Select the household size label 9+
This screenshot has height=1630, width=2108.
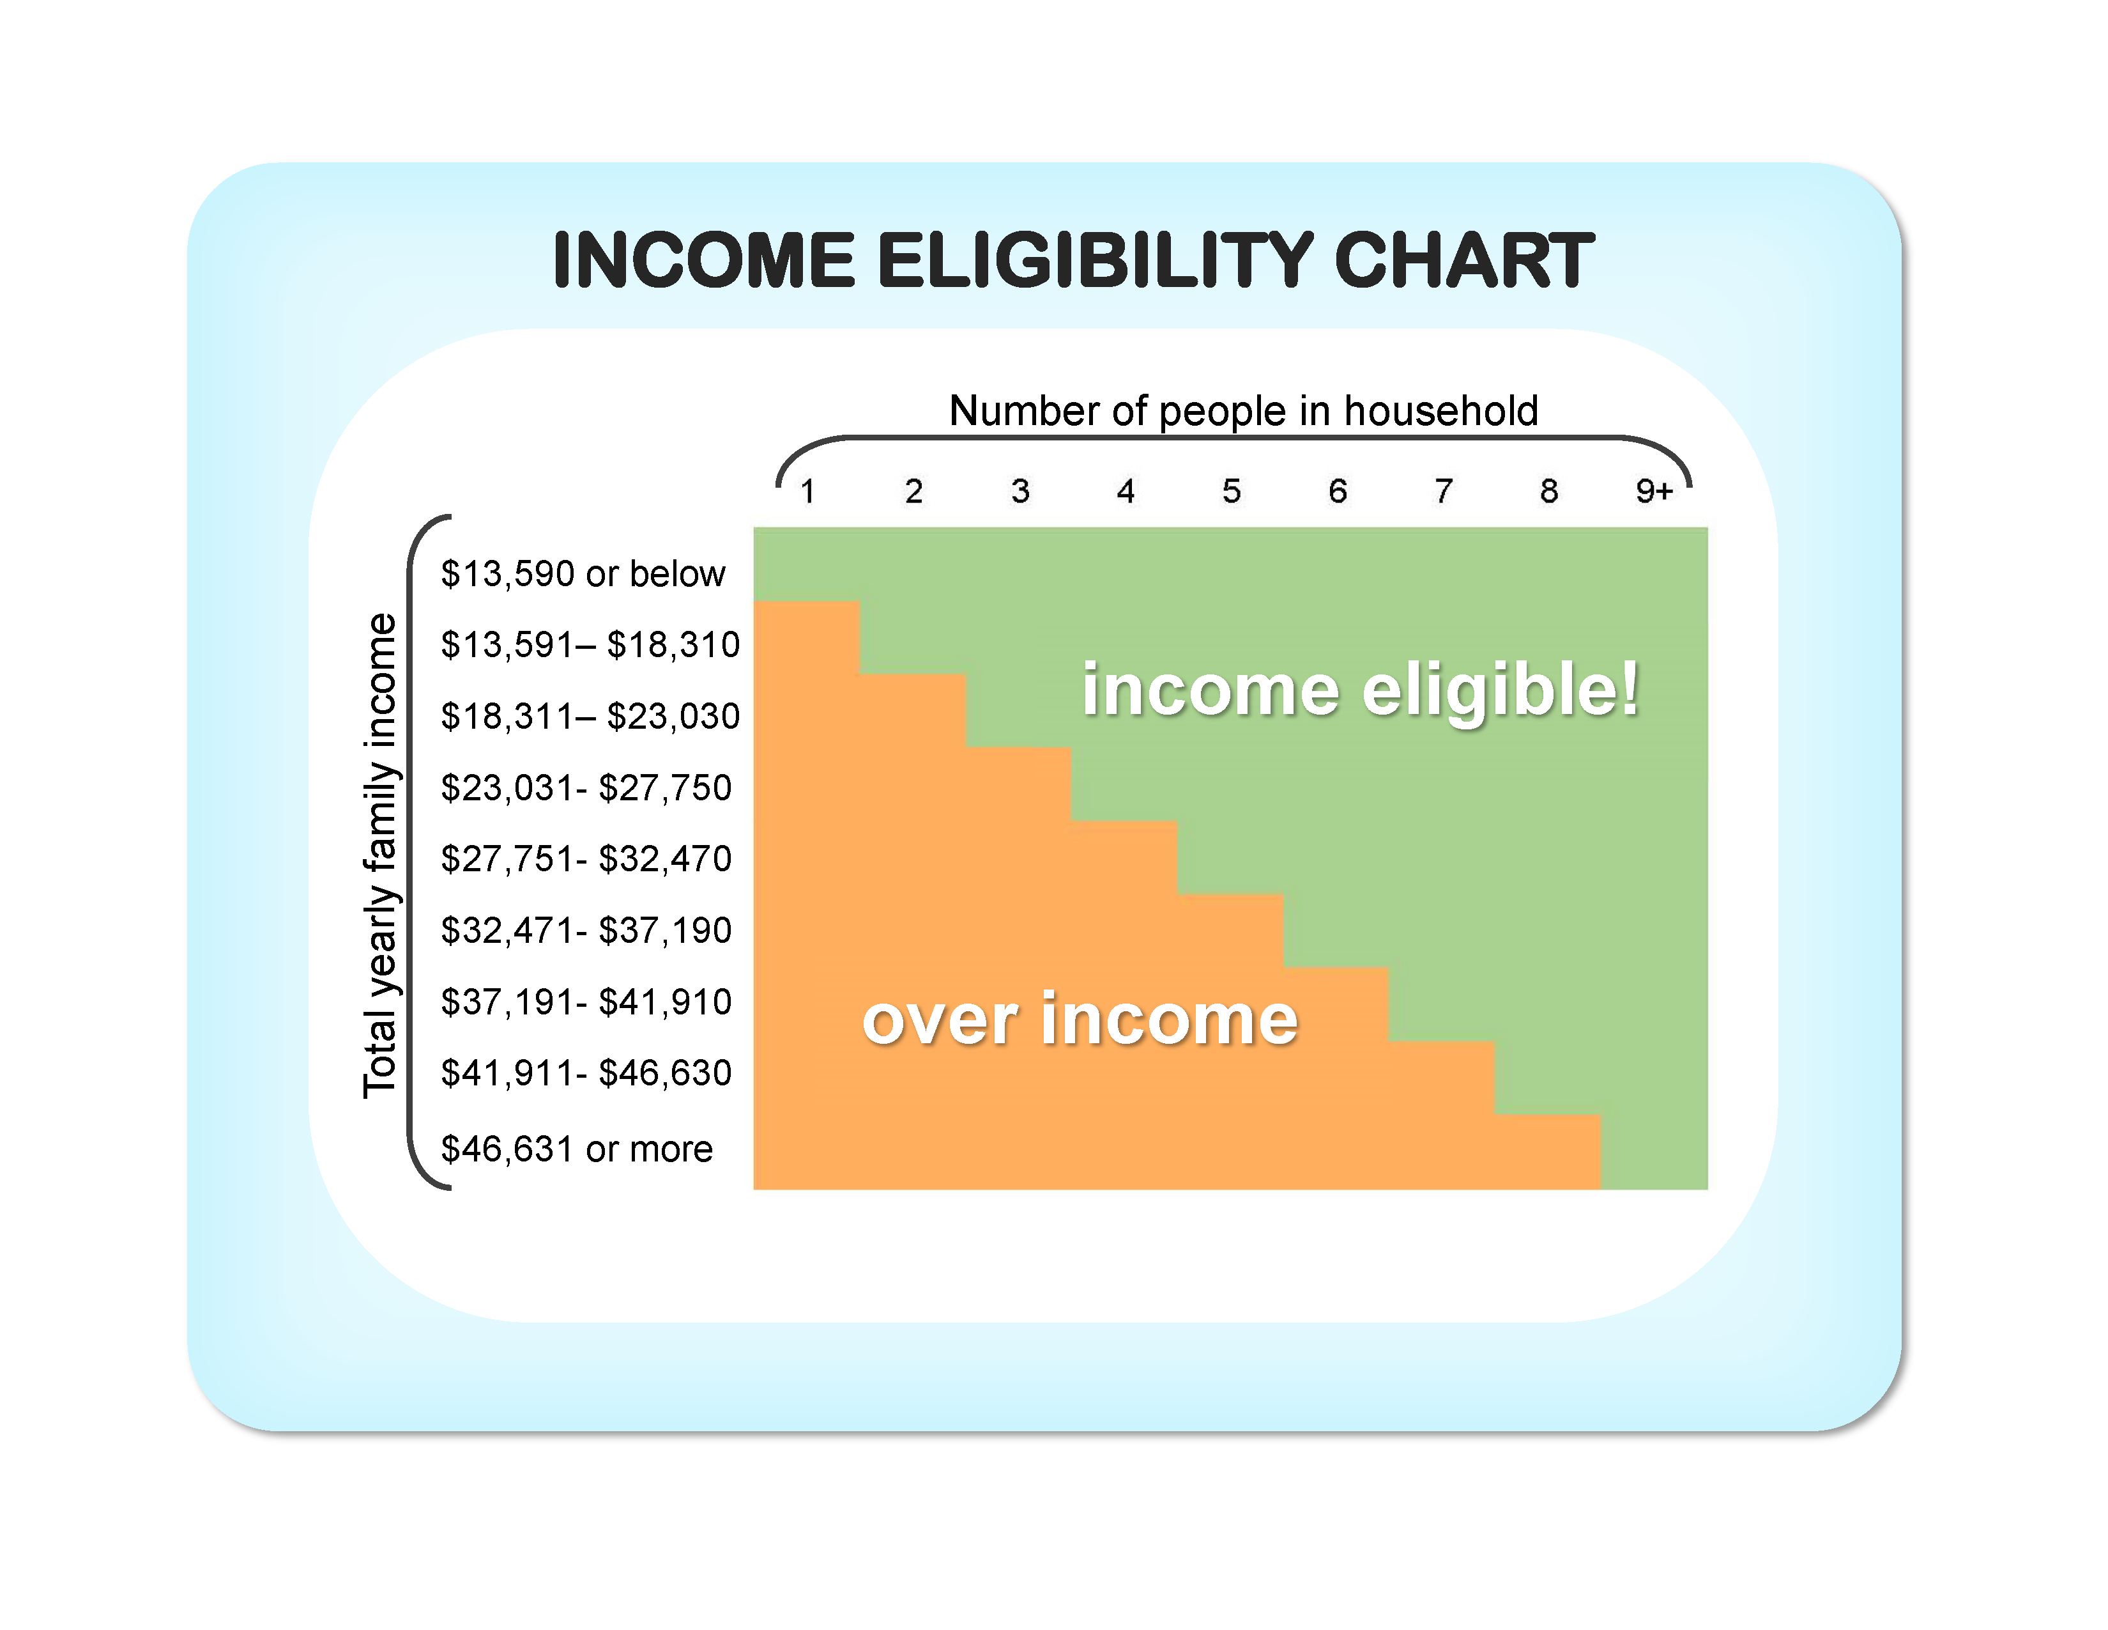coord(1653,492)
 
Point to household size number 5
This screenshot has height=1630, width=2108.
coord(1232,492)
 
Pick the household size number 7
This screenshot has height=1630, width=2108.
coord(1443,492)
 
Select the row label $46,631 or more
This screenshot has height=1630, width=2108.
coord(576,1149)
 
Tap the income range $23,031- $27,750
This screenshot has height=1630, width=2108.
coord(586,788)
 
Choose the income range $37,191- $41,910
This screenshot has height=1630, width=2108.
coord(586,1002)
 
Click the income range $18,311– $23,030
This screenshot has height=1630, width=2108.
coord(590,717)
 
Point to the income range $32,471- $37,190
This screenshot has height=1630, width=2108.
coord(586,931)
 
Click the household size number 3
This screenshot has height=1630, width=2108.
coord(1020,492)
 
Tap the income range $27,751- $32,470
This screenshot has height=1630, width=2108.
coord(586,859)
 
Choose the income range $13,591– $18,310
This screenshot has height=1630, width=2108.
coord(590,645)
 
